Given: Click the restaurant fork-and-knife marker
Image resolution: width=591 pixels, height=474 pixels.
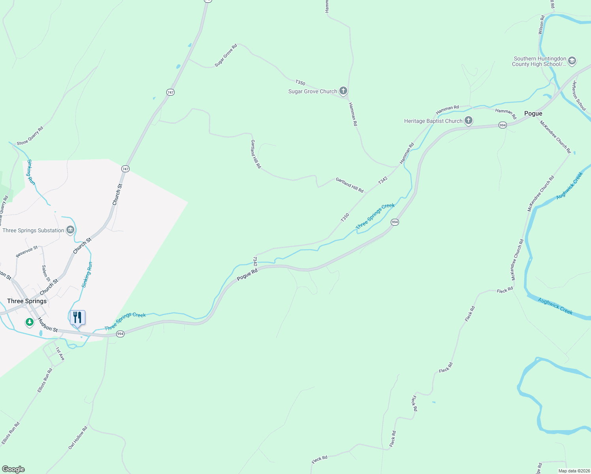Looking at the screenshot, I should click(x=77, y=318).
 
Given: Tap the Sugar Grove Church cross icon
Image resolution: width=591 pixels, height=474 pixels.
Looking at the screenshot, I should click(x=343, y=91).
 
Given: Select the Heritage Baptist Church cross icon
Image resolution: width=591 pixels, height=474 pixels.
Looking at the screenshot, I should click(x=469, y=121).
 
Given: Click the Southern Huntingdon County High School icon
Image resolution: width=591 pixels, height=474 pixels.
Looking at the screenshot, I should click(x=572, y=61).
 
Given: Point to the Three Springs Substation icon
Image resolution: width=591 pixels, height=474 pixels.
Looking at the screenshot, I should click(x=70, y=230).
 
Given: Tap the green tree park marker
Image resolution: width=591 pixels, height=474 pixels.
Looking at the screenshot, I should click(x=29, y=322).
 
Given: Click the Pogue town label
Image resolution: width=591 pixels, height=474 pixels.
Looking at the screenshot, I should click(x=533, y=113).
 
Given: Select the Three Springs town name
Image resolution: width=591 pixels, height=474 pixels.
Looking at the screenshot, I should click(x=27, y=301).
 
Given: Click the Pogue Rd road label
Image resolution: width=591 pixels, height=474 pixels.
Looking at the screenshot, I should click(x=247, y=275).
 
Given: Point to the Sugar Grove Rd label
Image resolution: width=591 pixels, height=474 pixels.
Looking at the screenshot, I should click(x=226, y=55).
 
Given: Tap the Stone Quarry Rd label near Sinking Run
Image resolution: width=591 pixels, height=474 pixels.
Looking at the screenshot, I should click(x=30, y=136).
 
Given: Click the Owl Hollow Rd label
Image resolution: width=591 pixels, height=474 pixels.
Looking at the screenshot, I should click(x=78, y=438).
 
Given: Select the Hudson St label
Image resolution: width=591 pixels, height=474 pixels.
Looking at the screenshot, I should click(x=48, y=325).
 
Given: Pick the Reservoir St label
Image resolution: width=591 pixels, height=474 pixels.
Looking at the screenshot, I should click(x=27, y=252).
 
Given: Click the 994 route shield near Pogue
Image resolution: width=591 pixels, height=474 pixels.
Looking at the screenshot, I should click(x=503, y=125).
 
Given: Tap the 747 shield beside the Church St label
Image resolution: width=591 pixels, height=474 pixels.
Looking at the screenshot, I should click(x=125, y=169).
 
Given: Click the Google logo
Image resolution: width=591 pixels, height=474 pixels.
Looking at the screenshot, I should click(x=13, y=469).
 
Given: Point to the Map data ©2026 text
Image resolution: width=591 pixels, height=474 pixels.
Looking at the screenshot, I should click(x=574, y=471).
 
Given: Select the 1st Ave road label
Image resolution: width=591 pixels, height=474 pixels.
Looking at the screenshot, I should click(x=60, y=354).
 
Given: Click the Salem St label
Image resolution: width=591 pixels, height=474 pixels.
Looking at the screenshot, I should click(x=45, y=273).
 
